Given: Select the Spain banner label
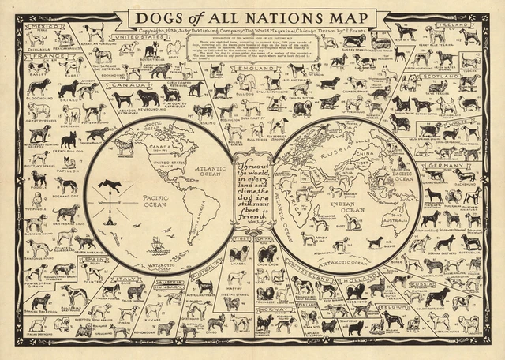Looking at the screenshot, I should (x=92, y=258).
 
